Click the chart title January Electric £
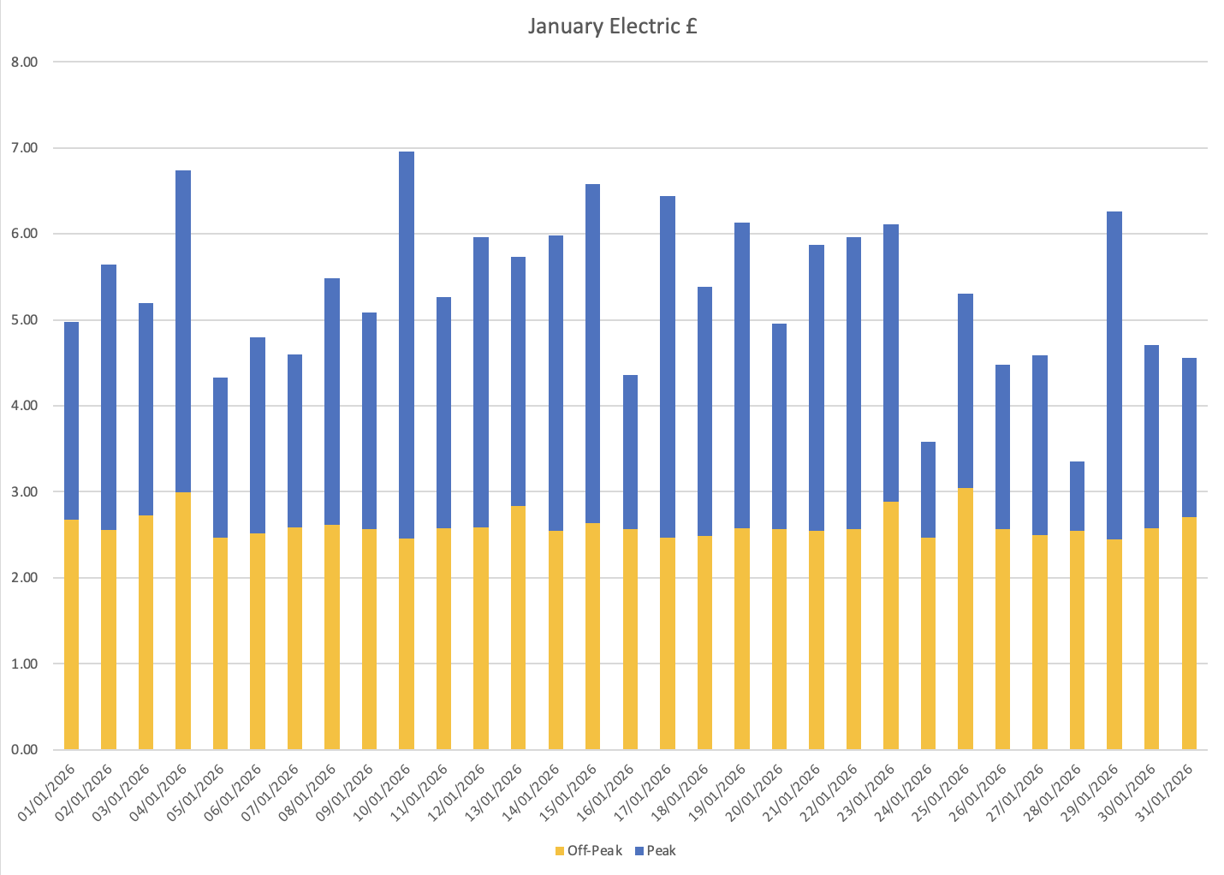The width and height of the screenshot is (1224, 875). click(x=612, y=27)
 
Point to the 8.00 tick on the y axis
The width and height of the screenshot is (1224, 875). click(x=25, y=62)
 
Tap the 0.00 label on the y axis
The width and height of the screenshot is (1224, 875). click(x=25, y=750)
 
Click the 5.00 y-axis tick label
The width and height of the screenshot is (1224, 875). click(x=25, y=320)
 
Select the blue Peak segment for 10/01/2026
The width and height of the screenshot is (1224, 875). click(x=407, y=342)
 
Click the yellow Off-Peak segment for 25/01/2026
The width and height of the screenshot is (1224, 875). click(x=966, y=616)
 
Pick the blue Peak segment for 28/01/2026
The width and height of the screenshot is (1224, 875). click(x=1077, y=497)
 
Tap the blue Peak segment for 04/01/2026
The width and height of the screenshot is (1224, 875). click(x=183, y=330)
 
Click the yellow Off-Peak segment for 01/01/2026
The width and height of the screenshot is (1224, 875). click(x=71, y=634)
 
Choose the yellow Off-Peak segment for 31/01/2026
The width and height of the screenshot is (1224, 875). click(x=1189, y=634)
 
